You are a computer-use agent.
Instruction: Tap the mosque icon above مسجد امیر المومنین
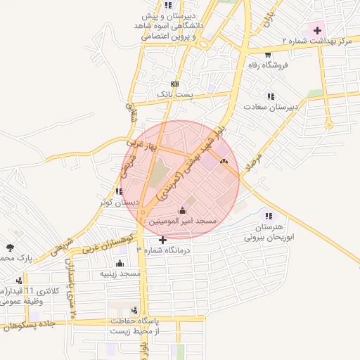[x=183, y=210]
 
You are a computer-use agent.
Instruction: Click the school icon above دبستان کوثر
[x=119, y=191]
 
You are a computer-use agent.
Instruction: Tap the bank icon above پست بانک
[x=174, y=83]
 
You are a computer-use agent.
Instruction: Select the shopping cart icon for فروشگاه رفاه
[x=268, y=54]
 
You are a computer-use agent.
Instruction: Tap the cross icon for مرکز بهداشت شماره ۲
[x=318, y=30]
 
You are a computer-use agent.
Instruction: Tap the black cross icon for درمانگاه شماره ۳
[x=163, y=240]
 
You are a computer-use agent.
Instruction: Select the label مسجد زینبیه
[x=120, y=273]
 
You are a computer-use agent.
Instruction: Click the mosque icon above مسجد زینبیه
[x=119, y=262]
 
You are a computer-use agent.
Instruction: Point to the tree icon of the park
[x=9, y=247]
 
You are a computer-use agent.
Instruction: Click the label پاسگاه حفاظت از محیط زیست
[x=135, y=325]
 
